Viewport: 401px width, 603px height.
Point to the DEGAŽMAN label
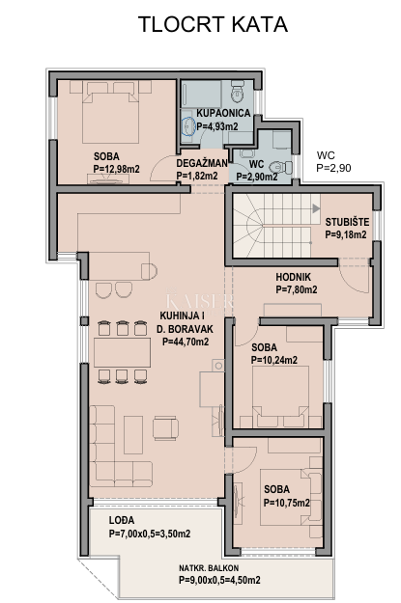[x=202, y=163]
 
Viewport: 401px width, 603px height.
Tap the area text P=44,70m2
[x=185, y=341]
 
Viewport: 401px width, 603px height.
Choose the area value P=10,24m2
[x=274, y=360]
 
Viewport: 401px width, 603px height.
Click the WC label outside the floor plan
[x=329, y=154]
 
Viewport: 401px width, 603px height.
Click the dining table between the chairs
[x=124, y=350]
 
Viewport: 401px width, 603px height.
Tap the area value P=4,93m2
[x=223, y=125]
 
